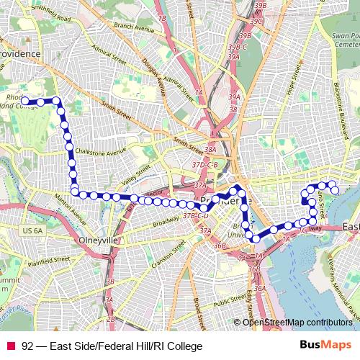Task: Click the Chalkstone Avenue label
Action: pos(104,153)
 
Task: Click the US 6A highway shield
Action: pos(33,230)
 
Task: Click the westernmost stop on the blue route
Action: pos(24,102)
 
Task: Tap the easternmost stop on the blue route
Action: pos(335,189)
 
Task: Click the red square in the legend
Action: pos(10,346)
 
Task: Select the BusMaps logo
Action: pos(325,346)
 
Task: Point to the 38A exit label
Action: pos(210,149)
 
